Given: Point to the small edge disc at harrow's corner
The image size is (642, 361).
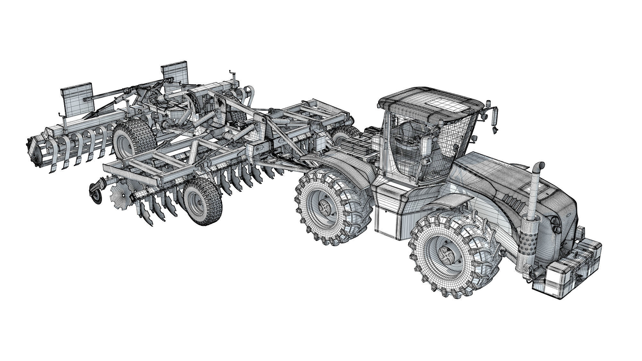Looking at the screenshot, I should pyautogui.click(x=96, y=193).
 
